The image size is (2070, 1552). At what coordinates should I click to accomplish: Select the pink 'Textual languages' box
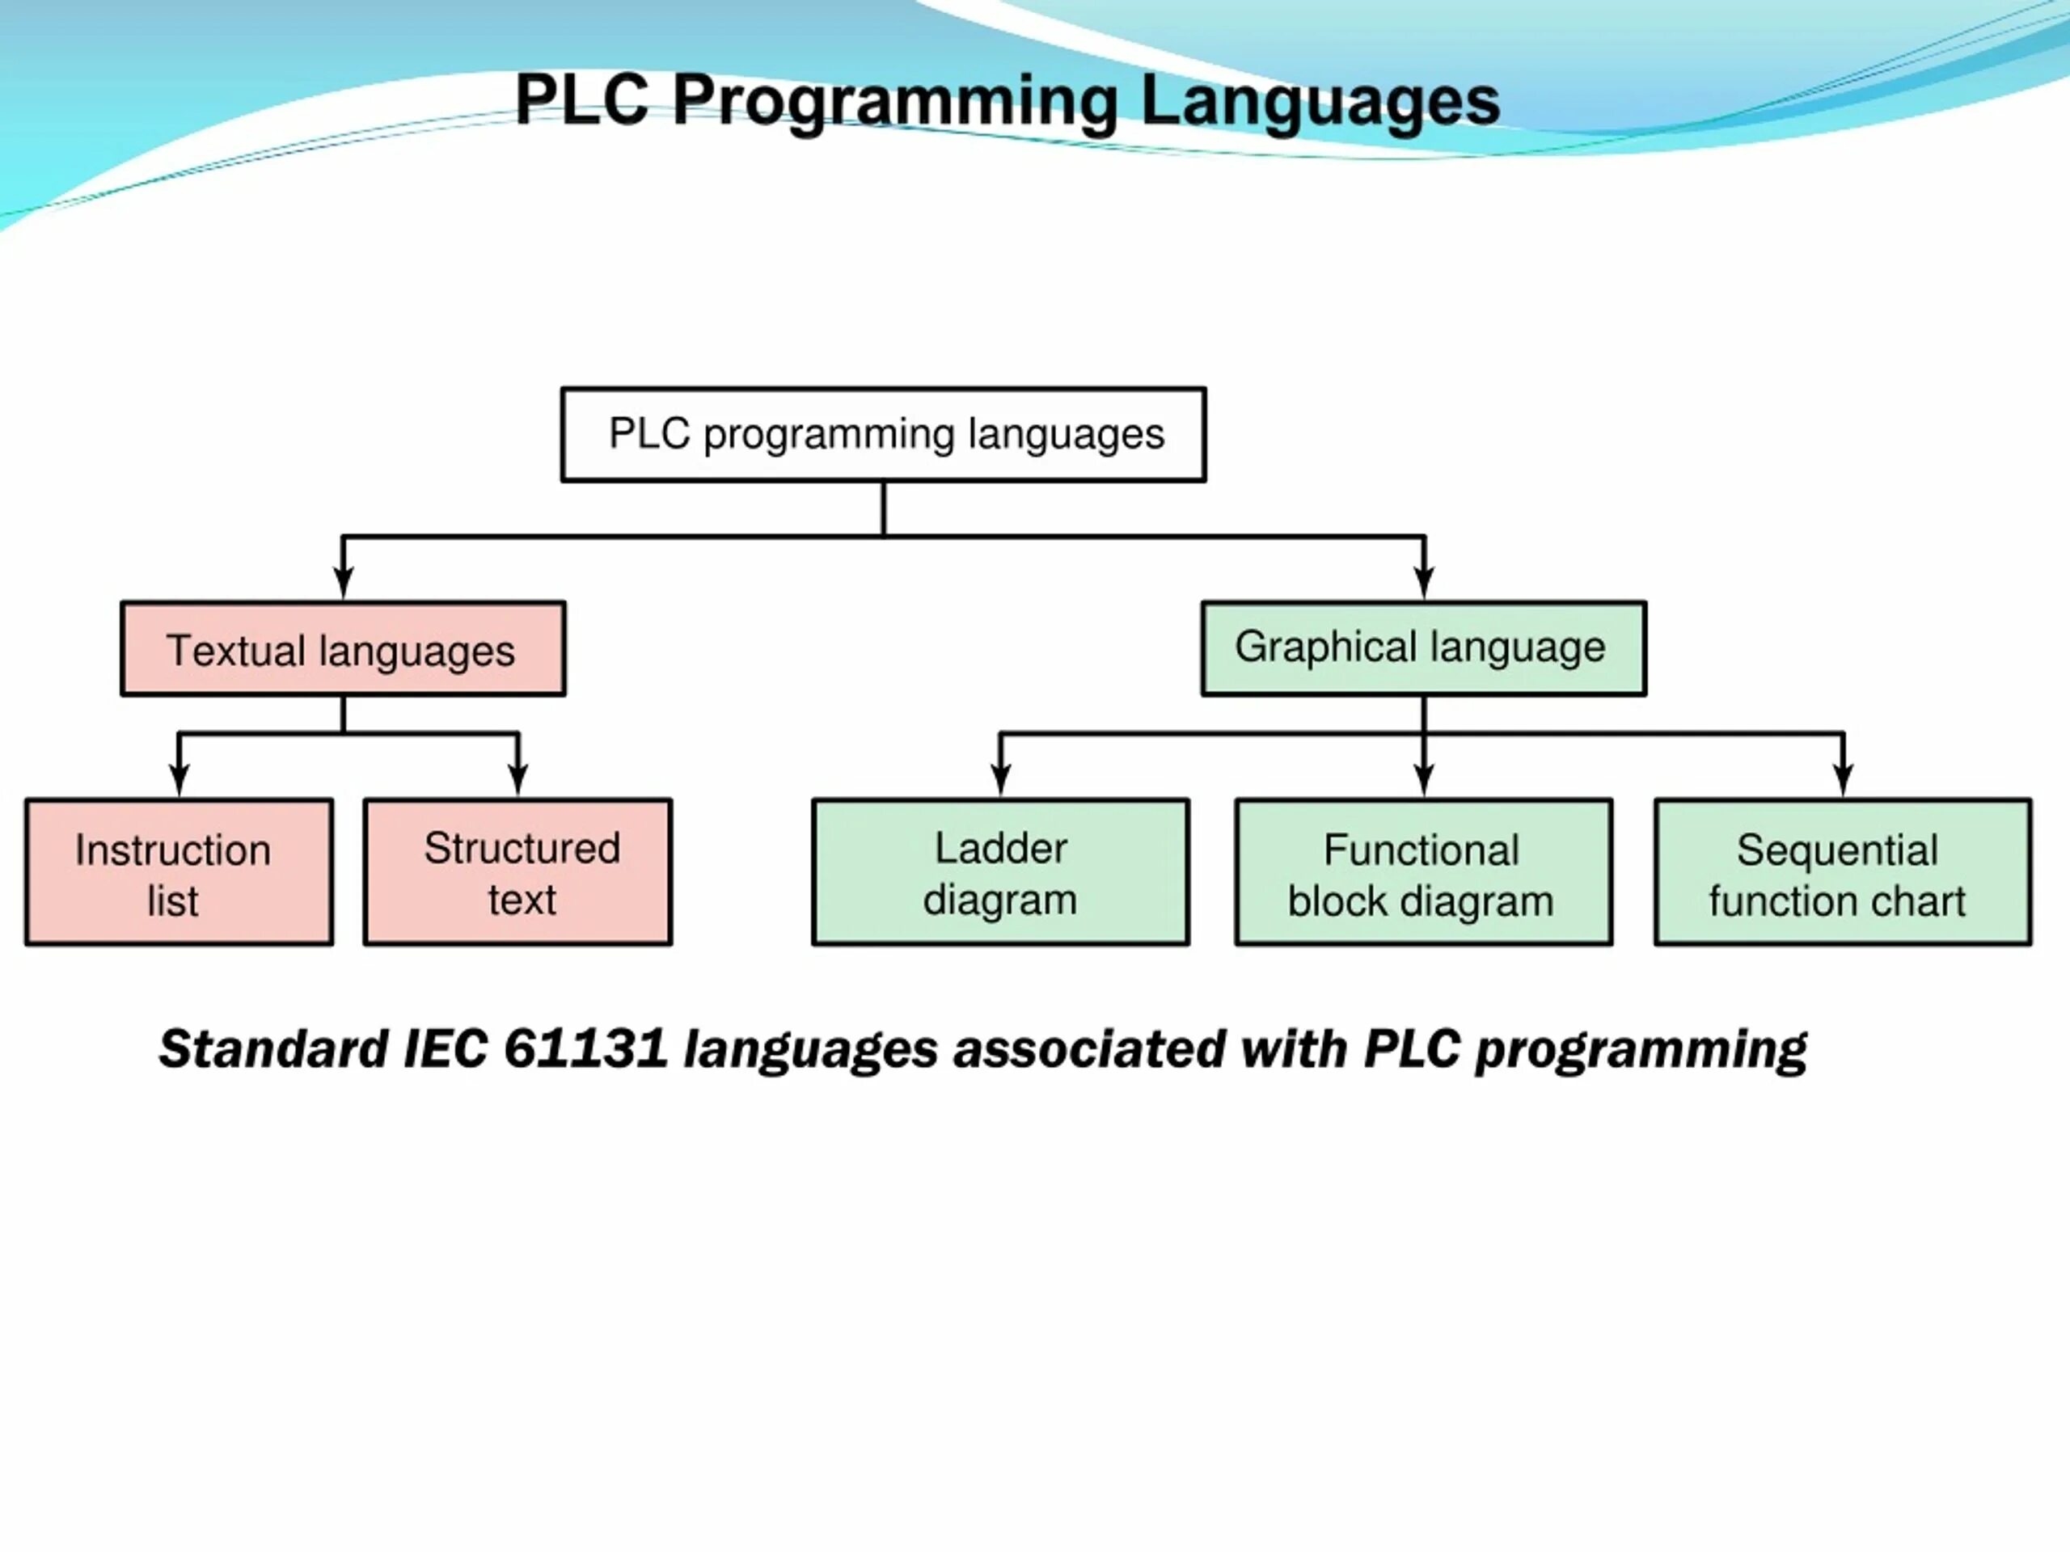coord(343,649)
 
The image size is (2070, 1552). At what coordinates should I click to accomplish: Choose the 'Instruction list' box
coord(179,873)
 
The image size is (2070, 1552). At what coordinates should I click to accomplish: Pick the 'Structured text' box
coord(517,873)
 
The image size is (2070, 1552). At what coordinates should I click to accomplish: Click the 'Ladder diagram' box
coord(1000,873)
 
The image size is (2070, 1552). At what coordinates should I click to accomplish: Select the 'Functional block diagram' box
coord(1422,873)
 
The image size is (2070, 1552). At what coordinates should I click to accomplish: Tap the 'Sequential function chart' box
coord(1842,873)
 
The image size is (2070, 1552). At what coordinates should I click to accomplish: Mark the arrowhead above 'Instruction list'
coord(179,779)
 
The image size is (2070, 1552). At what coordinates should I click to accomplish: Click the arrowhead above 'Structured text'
coord(517,779)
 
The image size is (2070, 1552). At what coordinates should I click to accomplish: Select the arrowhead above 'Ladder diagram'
coord(1000,779)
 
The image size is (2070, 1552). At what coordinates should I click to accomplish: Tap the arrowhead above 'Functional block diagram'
coord(1423,779)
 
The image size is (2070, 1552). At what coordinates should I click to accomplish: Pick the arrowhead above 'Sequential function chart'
coord(1843,779)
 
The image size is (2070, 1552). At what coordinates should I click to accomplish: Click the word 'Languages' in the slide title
coord(1320,101)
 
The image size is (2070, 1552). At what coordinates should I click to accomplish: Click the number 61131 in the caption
coord(585,1048)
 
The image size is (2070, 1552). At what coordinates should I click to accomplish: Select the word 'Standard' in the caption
coord(273,1048)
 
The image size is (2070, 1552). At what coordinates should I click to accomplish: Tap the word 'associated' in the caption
coord(1088,1048)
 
